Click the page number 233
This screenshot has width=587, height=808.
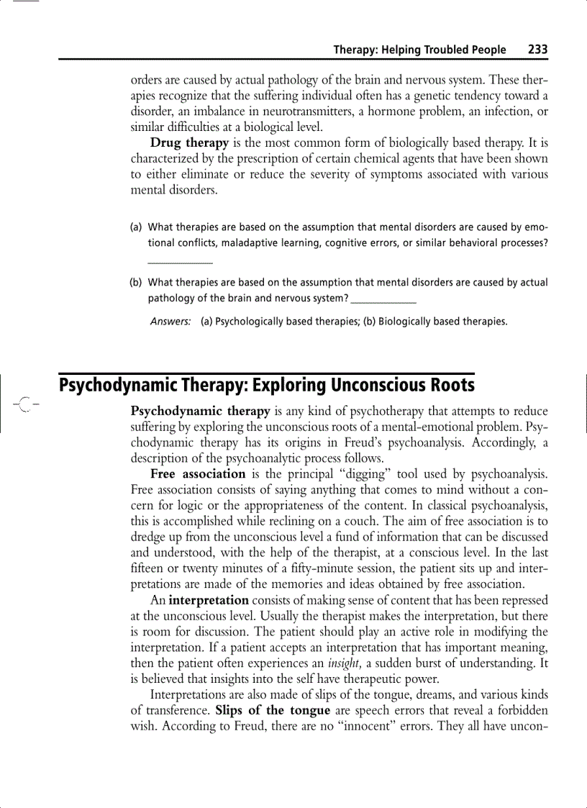pos(537,50)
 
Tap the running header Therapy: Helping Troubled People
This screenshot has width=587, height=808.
pos(419,50)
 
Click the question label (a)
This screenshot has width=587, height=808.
pos(135,228)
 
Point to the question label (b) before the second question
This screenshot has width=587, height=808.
pos(135,283)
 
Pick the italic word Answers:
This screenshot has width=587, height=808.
pos(170,322)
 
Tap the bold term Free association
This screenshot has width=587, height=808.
pos(198,473)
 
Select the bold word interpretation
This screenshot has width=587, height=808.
pos(209,600)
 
